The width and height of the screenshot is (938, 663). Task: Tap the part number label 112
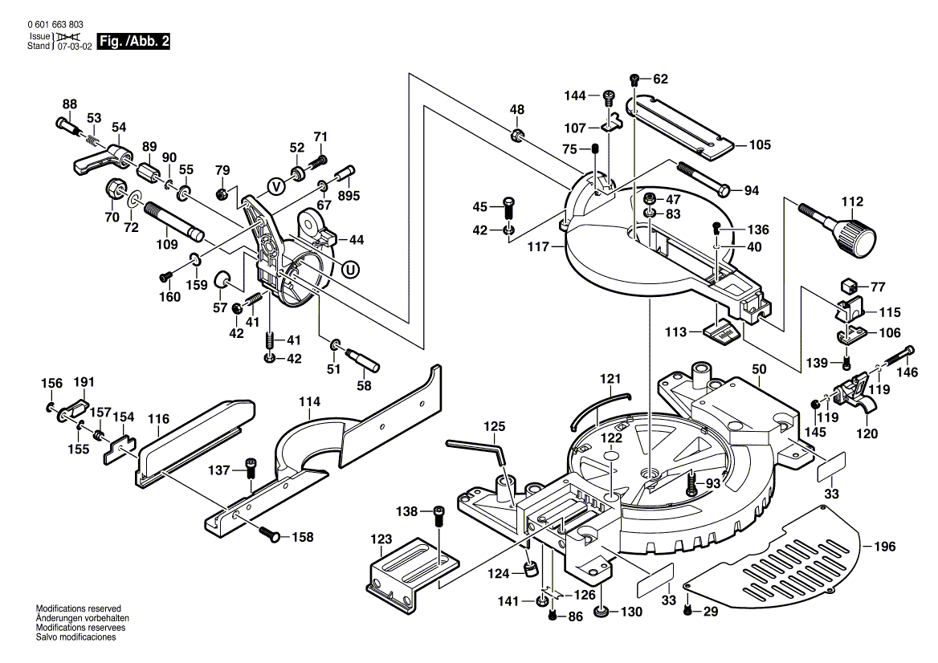tap(852, 201)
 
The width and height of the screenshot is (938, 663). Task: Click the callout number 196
tap(884, 547)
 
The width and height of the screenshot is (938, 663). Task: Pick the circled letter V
tap(275, 186)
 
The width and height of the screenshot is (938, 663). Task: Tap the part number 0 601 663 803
tap(55, 26)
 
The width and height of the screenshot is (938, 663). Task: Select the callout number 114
tap(309, 401)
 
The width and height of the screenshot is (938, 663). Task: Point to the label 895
tap(349, 196)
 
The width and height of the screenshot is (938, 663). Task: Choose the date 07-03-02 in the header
tap(73, 47)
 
